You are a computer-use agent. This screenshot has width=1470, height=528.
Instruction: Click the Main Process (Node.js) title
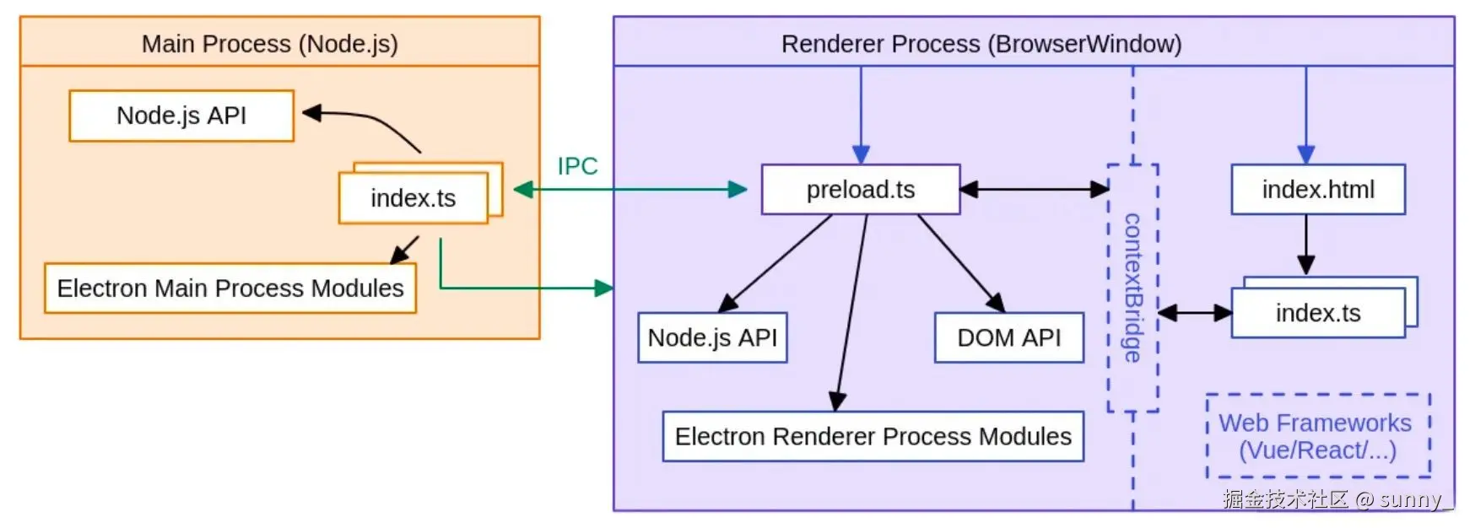tap(269, 44)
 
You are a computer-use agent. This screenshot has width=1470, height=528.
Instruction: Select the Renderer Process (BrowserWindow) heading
tap(981, 44)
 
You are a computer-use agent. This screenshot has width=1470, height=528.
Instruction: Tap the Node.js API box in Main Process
tap(181, 116)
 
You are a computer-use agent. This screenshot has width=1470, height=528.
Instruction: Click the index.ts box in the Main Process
tap(413, 198)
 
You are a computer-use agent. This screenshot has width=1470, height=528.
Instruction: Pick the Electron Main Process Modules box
tap(230, 288)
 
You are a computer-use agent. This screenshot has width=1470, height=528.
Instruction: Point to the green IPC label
tap(577, 166)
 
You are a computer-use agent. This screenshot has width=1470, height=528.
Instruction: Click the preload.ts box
tap(860, 190)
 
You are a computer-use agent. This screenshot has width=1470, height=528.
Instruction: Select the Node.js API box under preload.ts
tap(711, 337)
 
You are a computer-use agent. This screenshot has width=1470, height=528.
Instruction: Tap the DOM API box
tap(1008, 337)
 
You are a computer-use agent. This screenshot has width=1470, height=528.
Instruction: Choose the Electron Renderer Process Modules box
tap(873, 436)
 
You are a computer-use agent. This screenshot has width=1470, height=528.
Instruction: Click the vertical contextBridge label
tap(1132, 288)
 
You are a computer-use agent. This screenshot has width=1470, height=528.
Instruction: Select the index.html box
tap(1317, 190)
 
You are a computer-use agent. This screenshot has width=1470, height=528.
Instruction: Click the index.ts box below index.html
tap(1317, 313)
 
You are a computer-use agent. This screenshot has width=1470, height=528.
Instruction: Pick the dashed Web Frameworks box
tap(1317, 436)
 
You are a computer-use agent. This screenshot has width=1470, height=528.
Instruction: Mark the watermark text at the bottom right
tap(1337, 499)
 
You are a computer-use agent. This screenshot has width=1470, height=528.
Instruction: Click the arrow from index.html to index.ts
tap(1305, 244)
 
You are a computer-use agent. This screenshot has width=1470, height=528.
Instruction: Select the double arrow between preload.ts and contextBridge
tap(1034, 190)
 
